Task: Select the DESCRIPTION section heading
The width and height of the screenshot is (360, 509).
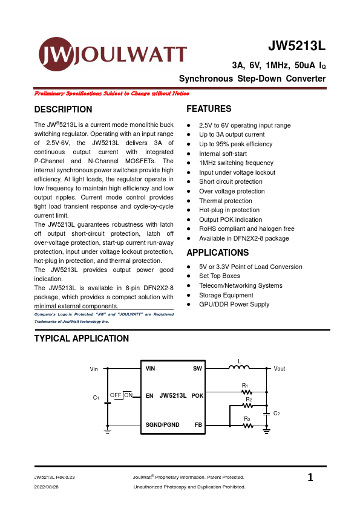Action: coord(64,109)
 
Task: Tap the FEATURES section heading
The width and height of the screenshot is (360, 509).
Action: coord(209,109)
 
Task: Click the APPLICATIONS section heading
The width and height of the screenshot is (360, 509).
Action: coord(217,253)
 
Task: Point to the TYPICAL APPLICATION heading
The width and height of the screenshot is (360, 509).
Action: coord(82,339)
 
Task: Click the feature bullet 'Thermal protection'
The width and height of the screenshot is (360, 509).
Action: coord(226,201)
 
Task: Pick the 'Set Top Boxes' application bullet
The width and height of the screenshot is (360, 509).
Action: coord(220,276)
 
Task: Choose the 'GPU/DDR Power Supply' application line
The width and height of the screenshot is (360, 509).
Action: coord(234,305)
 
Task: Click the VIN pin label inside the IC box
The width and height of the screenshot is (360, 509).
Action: coord(151,368)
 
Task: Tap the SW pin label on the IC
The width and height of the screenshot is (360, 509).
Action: coord(197,368)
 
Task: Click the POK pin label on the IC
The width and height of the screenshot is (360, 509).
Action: coord(197,396)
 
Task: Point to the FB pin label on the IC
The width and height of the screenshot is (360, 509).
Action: coord(198,424)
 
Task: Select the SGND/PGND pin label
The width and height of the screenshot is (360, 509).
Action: coord(162,424)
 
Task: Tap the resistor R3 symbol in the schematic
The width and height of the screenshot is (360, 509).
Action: coord(247,426)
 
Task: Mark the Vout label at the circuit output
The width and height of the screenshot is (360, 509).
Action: coord(280,369)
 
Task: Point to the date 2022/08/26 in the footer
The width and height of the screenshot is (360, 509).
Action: coord(46,487)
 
